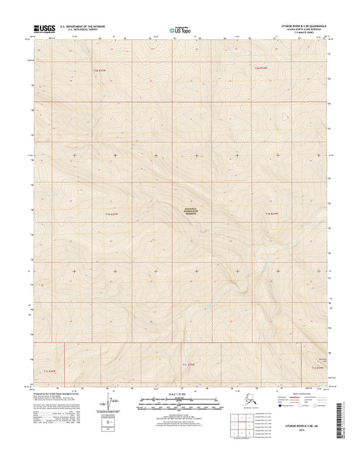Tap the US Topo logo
tap(180, 29)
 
